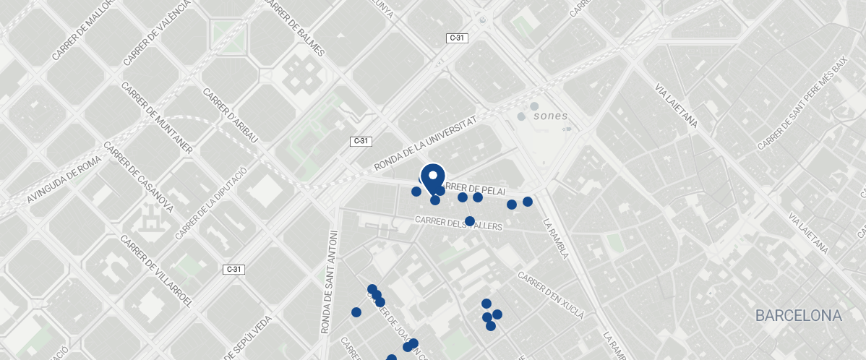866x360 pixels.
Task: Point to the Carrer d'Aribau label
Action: pyautogui.click(x=231, y=120)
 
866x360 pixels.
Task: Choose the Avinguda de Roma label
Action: pyautogui.click(x=63, y=180)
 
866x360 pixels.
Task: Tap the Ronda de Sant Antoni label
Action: pyautogui.click(x=329, y=281)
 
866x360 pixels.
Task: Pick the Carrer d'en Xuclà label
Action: pyautogui.click(x=550, y=295)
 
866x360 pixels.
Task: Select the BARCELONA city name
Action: pyautogui.click(x=798, y=316)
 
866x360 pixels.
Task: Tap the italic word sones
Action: pyautogui.click(x=550, y=116)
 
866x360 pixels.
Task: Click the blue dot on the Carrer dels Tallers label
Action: pyautogui.click(x=469, y=221)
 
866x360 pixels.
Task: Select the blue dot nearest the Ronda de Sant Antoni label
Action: pyautogui.click(x=356, y=312)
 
